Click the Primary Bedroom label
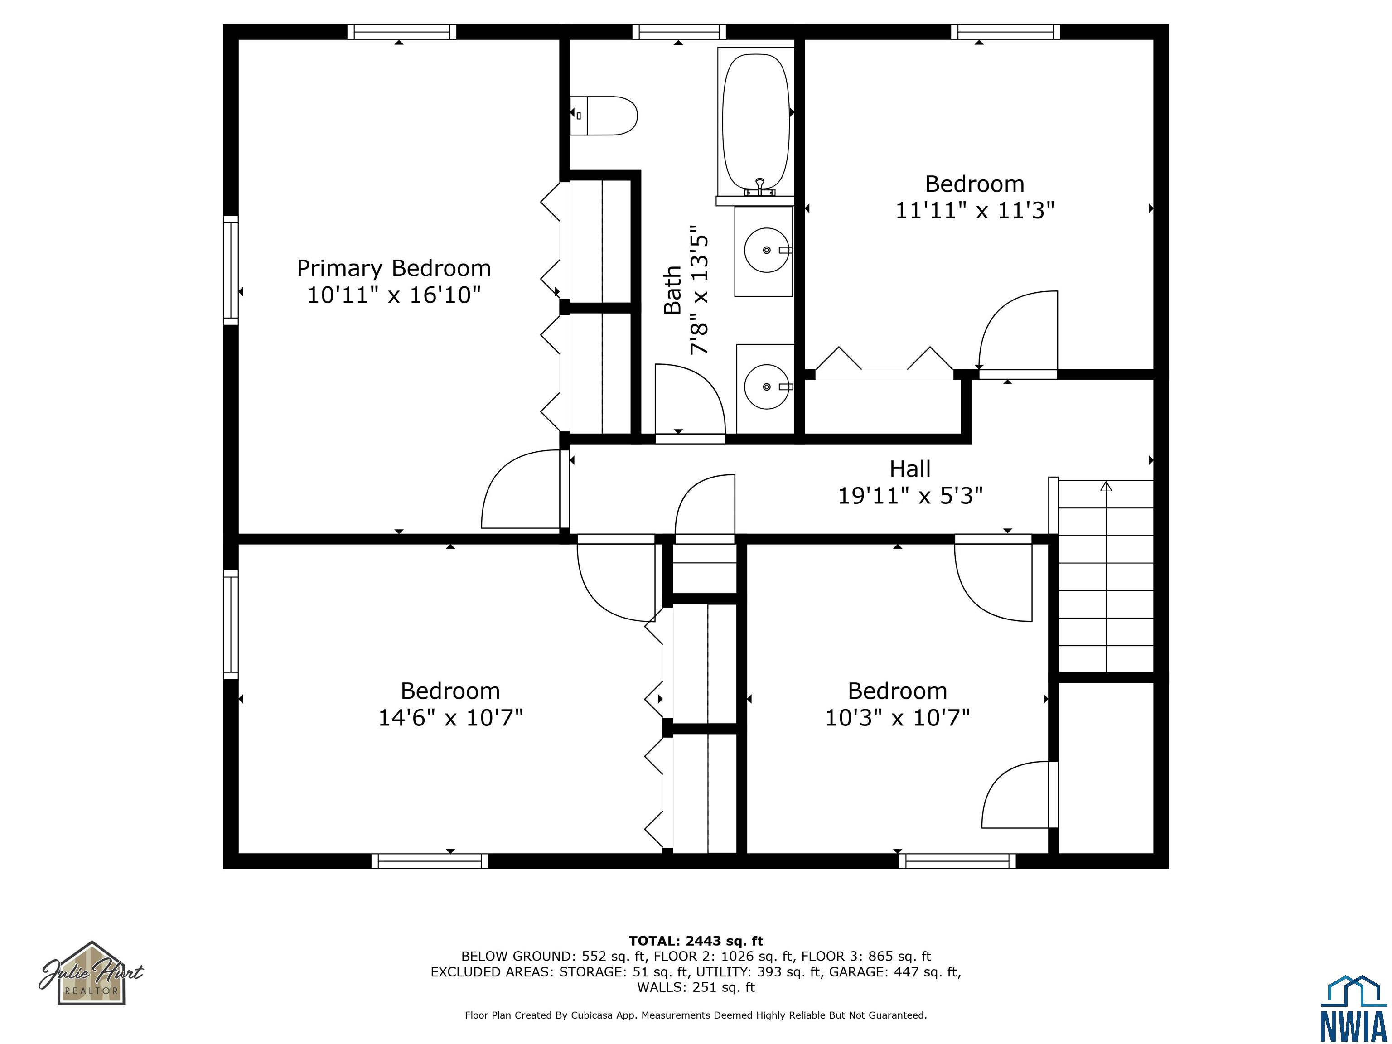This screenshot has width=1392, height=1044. [394, 269]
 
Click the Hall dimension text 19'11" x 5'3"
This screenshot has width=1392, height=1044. [910, 496]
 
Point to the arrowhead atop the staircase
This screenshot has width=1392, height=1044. [1106, 486]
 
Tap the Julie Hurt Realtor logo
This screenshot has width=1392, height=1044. [92, 973]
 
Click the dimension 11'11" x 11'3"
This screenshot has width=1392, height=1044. [975, 210]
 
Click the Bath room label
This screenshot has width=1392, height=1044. [673, 290]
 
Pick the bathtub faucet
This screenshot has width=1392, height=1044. [759, 187]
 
